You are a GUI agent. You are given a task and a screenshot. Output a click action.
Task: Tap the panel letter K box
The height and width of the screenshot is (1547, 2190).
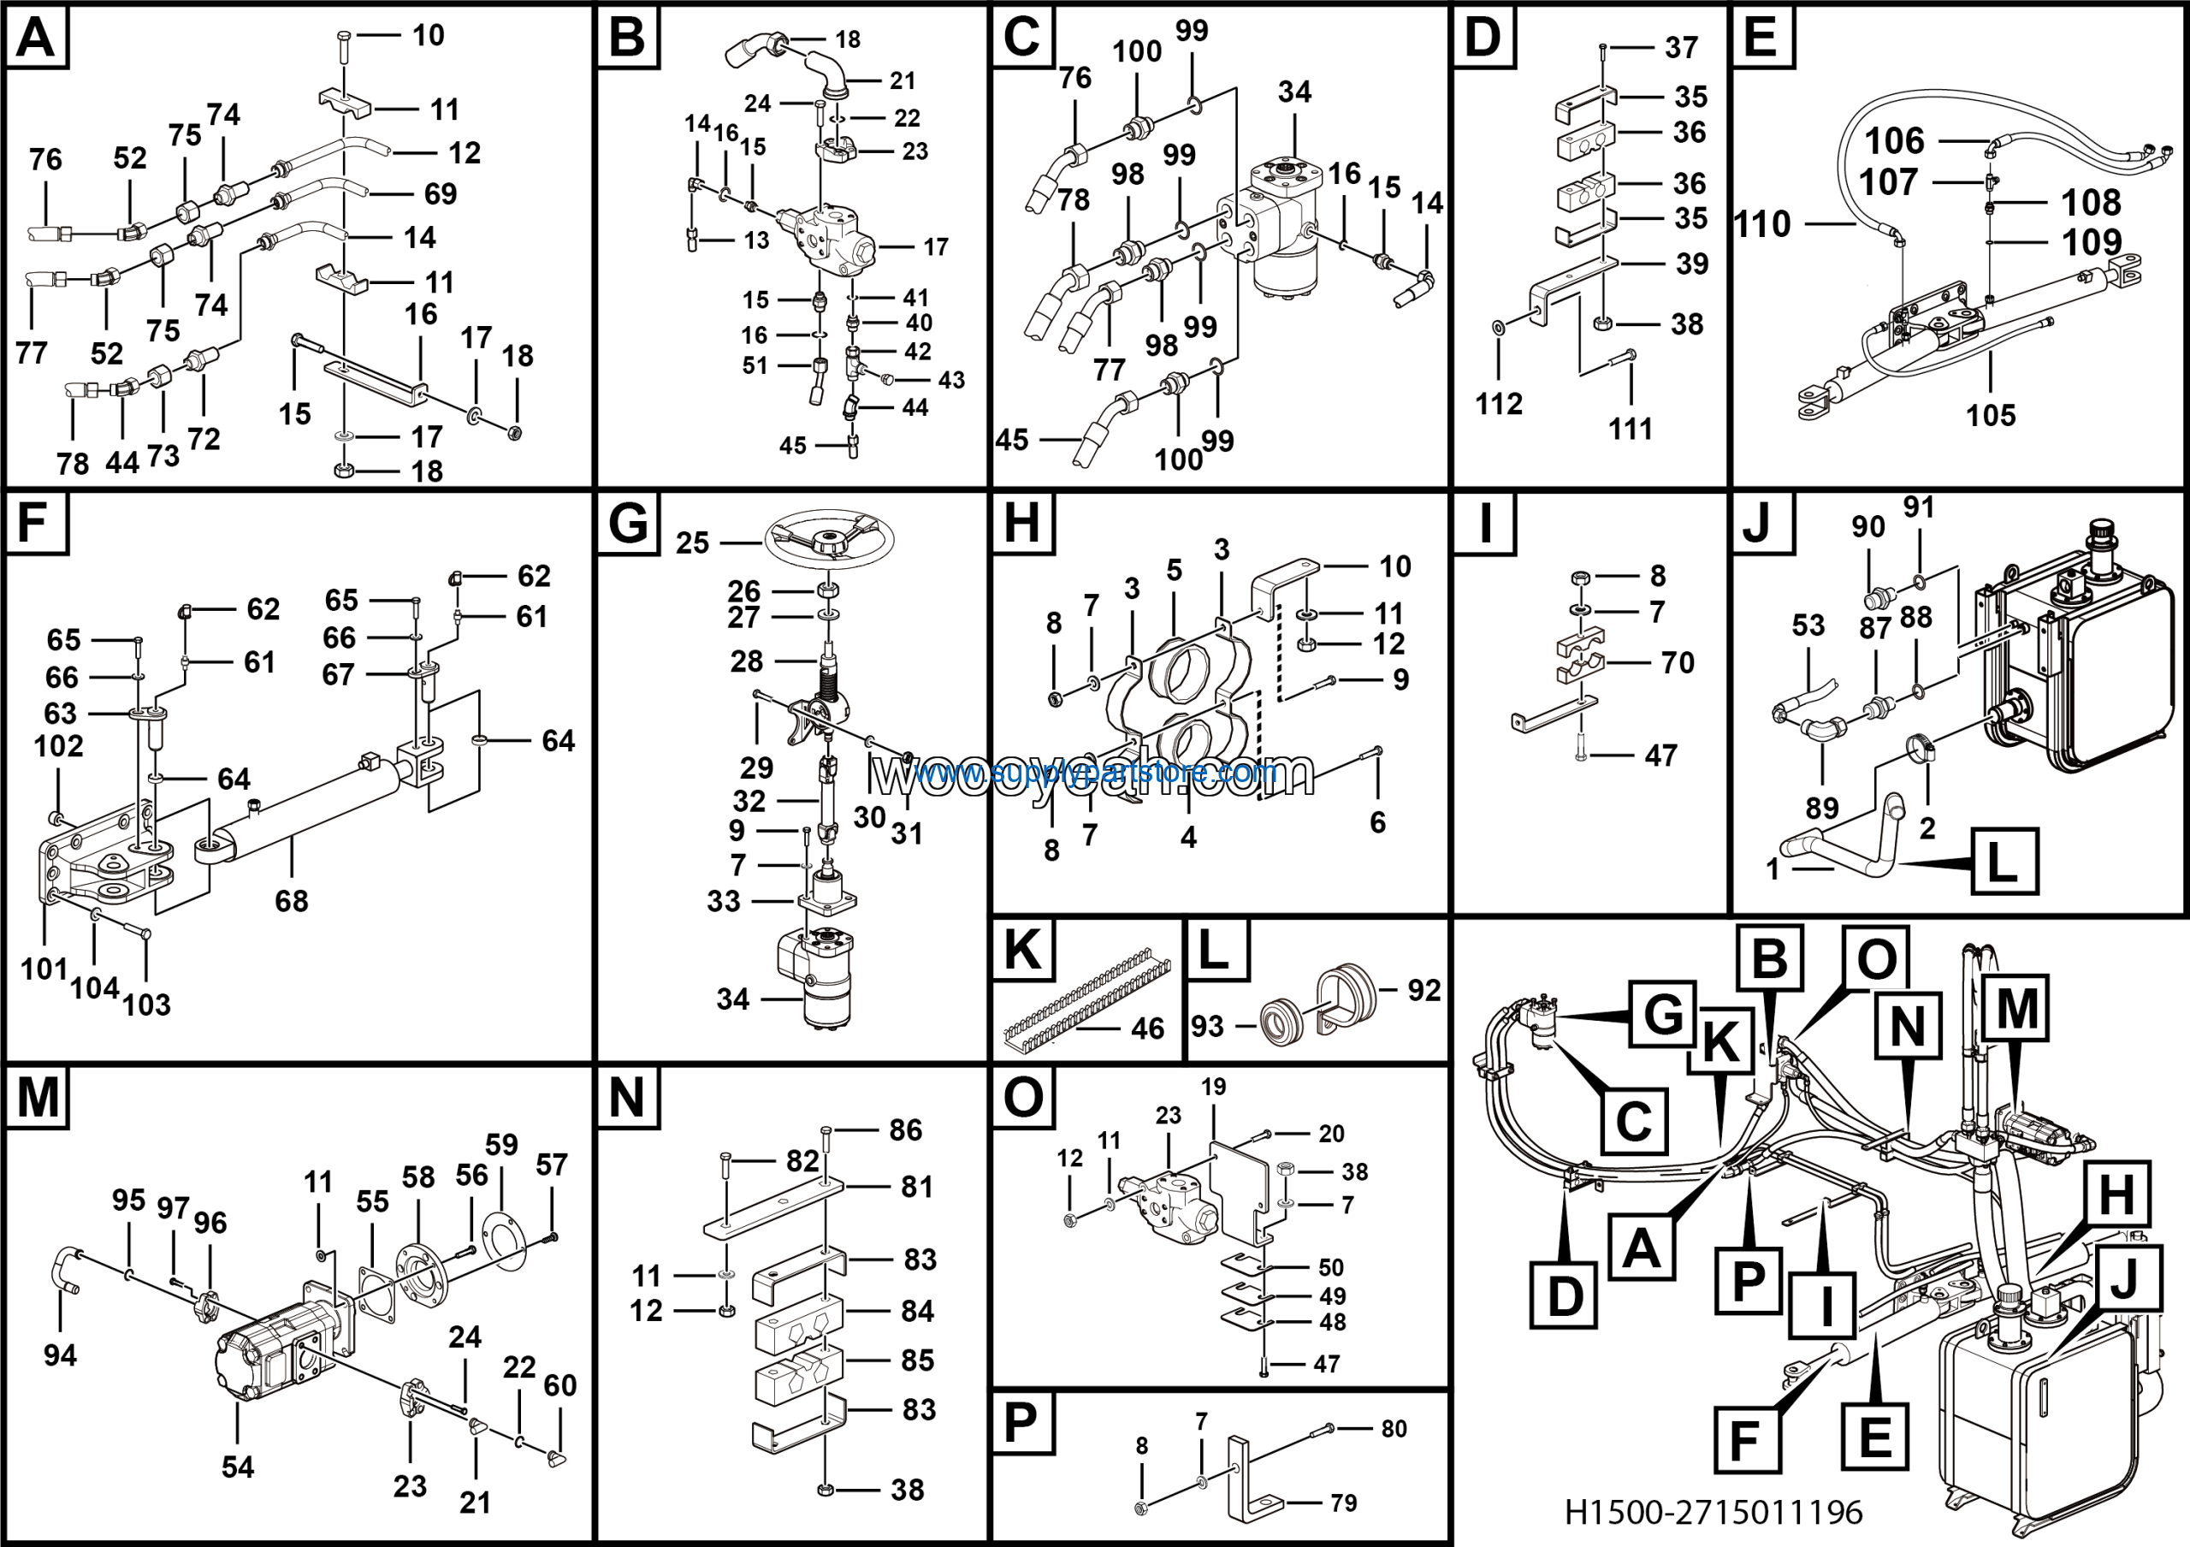(1022, 949)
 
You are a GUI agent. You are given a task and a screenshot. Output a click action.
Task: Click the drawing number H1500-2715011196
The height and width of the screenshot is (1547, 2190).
(1714, 1512)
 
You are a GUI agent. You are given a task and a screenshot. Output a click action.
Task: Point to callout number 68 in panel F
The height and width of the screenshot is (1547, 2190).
(291, 900)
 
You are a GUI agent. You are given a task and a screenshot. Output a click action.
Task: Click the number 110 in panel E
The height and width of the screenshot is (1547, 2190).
(1761, 224)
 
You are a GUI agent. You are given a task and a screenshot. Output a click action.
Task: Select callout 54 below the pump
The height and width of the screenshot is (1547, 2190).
(238, 1466)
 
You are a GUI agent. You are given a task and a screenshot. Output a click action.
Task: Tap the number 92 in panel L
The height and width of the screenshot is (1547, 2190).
(1424, 990)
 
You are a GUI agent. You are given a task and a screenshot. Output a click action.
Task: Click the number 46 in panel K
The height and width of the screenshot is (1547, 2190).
(1147, 1028)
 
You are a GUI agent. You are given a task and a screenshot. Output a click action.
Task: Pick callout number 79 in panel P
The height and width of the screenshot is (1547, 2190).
(1343, 1503)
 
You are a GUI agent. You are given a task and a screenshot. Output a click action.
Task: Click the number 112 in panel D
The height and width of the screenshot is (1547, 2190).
(1499, 404)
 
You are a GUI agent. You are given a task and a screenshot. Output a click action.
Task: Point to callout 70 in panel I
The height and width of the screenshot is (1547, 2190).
(1678, 662)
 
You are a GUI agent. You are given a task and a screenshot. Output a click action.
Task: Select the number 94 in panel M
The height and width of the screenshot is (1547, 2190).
(60, 1354)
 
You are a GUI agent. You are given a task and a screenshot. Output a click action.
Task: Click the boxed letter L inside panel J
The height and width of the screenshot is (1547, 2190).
(2004, 862)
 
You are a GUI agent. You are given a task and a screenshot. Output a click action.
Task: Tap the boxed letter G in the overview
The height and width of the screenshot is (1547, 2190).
(1662, 1013)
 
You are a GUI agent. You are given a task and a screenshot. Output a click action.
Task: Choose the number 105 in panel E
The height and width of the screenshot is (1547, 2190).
(1991, 415)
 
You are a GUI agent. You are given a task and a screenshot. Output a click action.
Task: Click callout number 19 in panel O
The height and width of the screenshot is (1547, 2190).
(1213, 1087)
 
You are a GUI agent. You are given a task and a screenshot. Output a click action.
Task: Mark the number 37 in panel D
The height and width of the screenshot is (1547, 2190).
(1682, 47)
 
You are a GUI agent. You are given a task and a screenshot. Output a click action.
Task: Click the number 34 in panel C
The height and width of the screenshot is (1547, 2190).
(1294, 92)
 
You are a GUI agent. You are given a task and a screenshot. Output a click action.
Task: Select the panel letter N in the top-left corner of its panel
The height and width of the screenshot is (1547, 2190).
(628, 1097)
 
